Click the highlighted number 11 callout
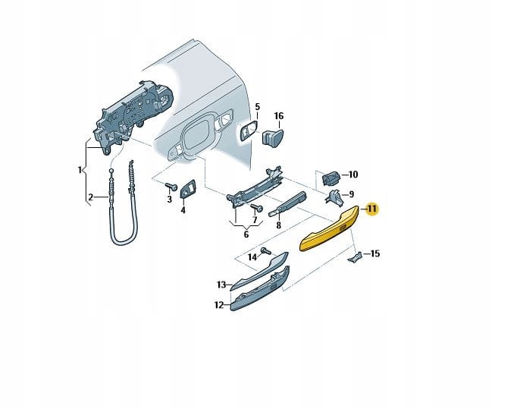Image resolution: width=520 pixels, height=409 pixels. click(x=372, y=209)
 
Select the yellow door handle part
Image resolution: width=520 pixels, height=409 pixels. click(x=329, y=233)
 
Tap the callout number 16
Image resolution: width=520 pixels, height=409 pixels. click(x=278, y=116)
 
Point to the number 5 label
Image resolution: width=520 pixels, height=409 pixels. click(x=256, y=107)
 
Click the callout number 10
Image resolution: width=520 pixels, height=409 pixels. click(x=353, y=175)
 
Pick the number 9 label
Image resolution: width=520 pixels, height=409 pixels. click(x=352, y=193)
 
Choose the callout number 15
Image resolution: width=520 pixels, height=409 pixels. click(x=374, y=253)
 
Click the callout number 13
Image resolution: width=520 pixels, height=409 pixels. click(x=221, y=285)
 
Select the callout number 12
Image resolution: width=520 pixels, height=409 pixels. click(x=218, y=305)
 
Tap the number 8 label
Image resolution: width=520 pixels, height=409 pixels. click(x=279, y=225)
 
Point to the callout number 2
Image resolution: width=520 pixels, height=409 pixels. click(x=90, y=197)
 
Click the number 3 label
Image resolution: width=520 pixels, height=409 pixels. click(x=170, y=199)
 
